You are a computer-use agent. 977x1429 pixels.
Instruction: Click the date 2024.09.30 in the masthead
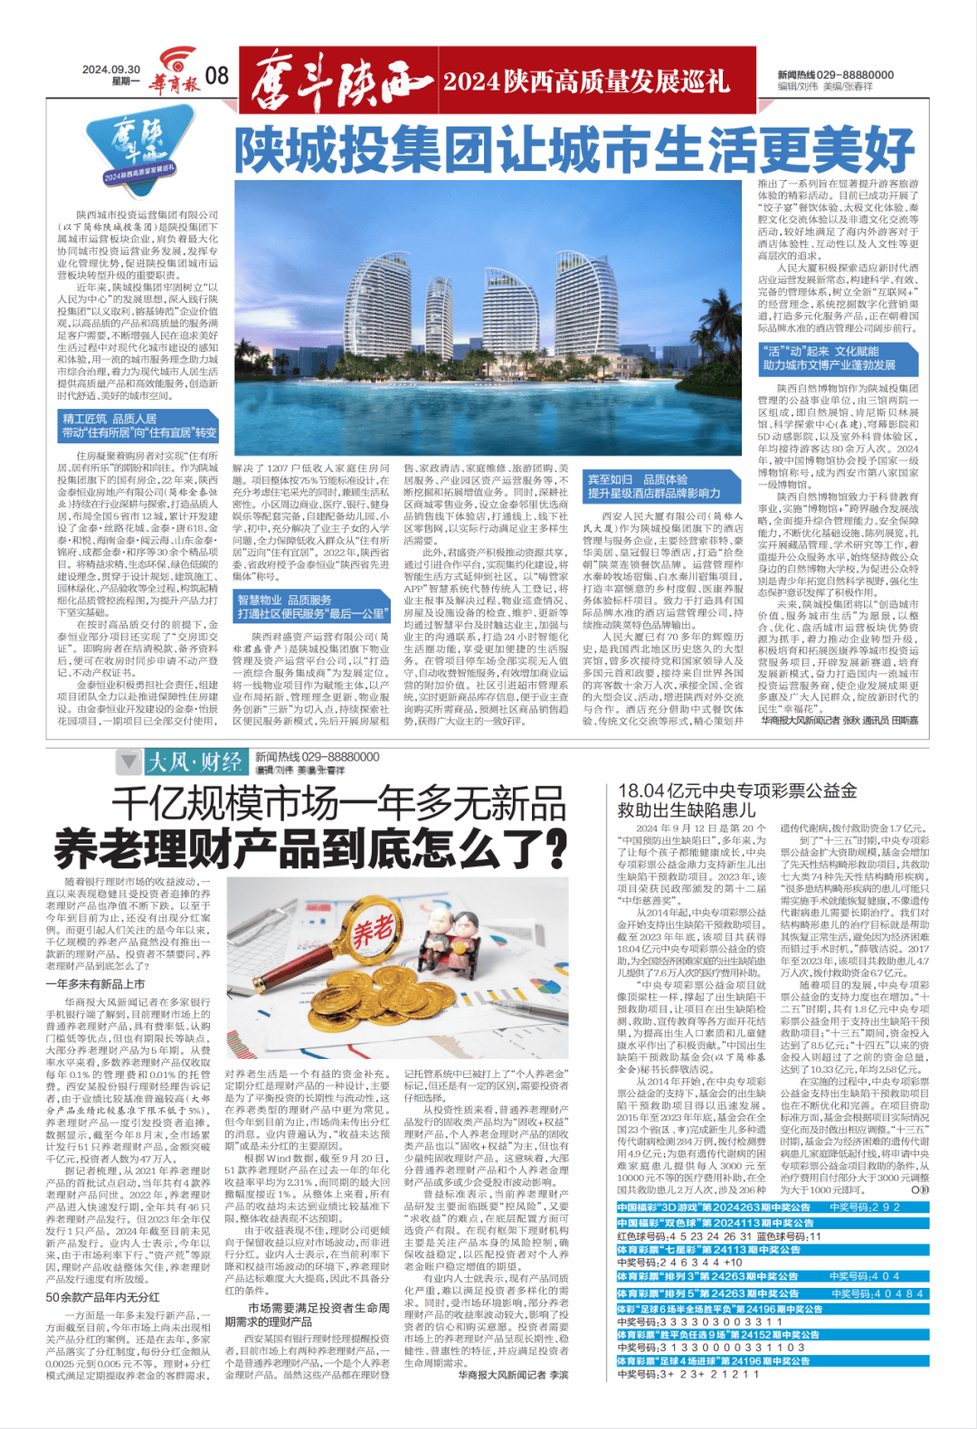pos(110,70)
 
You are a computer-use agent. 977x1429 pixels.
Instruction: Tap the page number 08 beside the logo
pos(217,76)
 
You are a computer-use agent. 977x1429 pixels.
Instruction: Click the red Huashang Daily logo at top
pos(175,73)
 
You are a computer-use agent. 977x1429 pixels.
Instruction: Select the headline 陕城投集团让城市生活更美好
pos(575,150)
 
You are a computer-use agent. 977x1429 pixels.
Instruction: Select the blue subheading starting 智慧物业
pos(311,606)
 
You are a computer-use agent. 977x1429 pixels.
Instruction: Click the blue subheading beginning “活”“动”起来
pos(838,358)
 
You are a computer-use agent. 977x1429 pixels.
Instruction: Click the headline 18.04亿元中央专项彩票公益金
pos(736,790)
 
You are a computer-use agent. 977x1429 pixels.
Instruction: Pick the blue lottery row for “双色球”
pos(715,1223)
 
